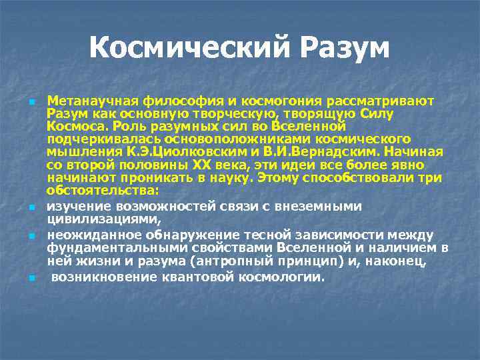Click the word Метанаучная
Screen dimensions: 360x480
click(x=93, y=101)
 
